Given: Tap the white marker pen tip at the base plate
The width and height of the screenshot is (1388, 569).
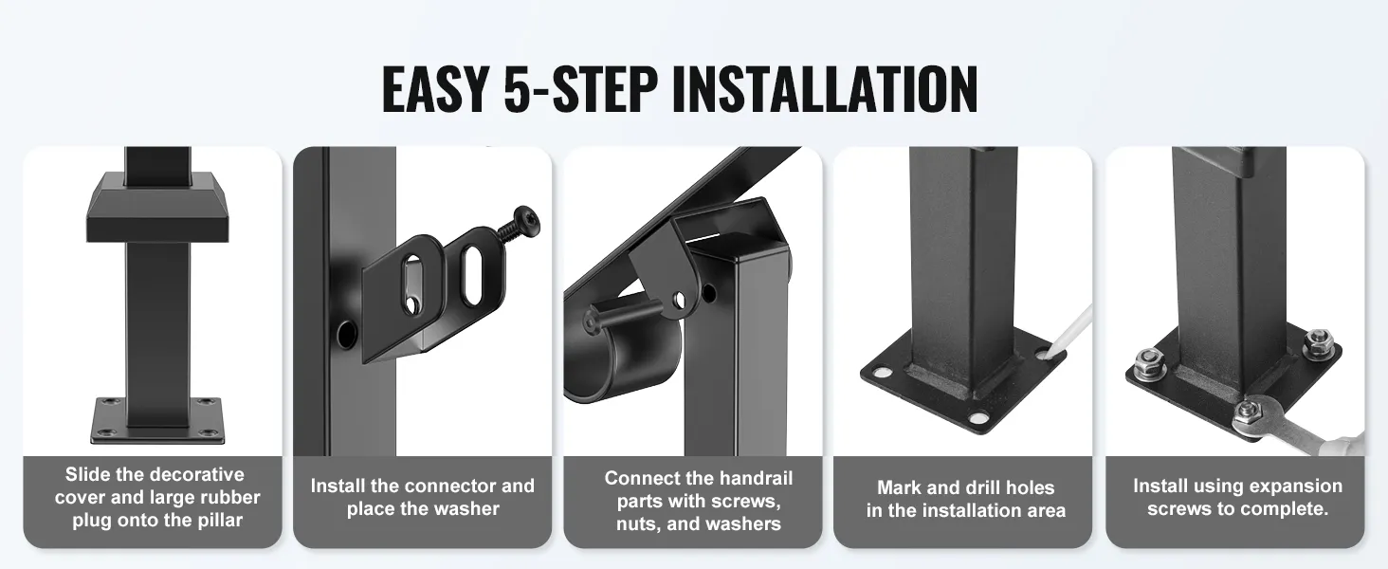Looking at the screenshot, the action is (x=1048, y=356).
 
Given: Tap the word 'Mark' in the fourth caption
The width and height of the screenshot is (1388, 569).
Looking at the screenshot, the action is (x=897, y=487).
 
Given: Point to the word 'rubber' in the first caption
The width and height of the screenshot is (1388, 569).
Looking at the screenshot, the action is (x=229, y=498).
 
